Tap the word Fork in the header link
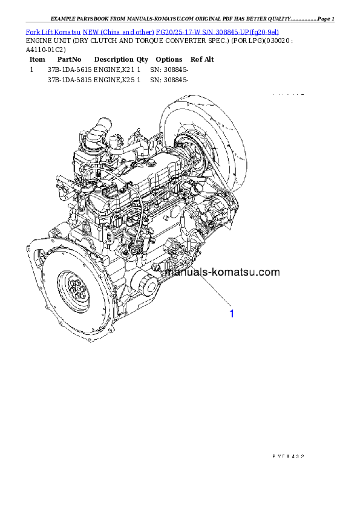31,31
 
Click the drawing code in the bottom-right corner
288,456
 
